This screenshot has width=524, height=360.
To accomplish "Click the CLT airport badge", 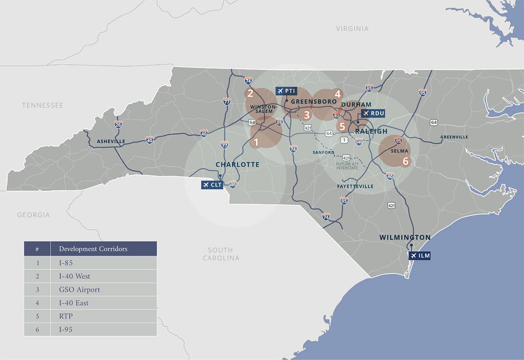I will [x=212, y=185].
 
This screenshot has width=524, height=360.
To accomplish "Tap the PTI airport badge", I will [x=286, y=91].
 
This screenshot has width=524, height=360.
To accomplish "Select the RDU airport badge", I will [x=373, y=114].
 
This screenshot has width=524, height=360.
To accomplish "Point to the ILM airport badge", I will [x=420, y=256].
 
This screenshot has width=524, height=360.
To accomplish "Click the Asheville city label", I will [x=111, y=141].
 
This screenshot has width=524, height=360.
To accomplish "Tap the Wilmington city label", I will [x=405, y=237].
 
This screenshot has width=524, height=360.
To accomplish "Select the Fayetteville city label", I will [x=355, y=186].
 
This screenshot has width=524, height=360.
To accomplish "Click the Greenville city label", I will [x=454, y=137].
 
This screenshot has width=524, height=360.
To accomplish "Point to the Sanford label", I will [x=323, y=152].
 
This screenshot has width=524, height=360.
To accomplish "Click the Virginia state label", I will [x=352, y=29].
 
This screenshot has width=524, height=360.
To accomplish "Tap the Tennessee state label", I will [x=42, y=105].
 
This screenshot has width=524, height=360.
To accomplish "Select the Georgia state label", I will [x=33, y=215].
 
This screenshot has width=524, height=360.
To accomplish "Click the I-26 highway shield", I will [x=118, y=124].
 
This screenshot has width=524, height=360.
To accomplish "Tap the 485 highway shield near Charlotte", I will [x=233, y=184].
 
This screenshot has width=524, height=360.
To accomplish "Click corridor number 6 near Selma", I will [x=405, y=161].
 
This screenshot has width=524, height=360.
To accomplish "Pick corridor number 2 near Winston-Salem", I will [x=250, y=94].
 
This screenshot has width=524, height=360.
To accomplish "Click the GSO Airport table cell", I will [x=79, y=290].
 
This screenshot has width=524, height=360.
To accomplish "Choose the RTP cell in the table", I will [x=66, y=316].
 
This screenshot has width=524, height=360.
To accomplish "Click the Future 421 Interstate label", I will [x=347, y=166].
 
